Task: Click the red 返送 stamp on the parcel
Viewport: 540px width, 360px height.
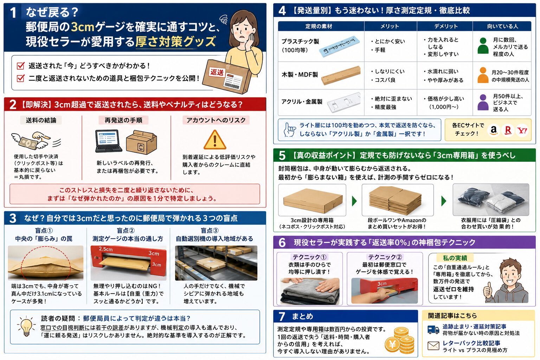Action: pos(217,72)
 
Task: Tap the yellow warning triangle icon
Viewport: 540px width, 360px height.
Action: pos(215,140)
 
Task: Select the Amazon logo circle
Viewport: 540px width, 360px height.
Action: pos(494,130)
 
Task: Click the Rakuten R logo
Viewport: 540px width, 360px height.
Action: pos(508,130)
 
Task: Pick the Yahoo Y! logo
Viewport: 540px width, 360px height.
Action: pos(522,130)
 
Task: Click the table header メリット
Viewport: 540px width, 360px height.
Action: pos(390,26)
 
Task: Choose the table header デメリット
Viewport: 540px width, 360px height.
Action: pos(446,26)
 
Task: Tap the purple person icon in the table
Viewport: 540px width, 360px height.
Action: pos(483,102)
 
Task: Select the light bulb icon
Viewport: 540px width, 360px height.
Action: pos(26,326)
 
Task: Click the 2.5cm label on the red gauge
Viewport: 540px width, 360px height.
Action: pos(105,249)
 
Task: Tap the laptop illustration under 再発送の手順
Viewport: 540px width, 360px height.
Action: pos(108,141)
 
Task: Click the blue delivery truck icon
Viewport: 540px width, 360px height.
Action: pos(433,330)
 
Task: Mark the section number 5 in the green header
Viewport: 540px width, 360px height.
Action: pos(282,156)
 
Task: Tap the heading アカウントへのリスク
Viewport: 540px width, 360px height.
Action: pos(216,120)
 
